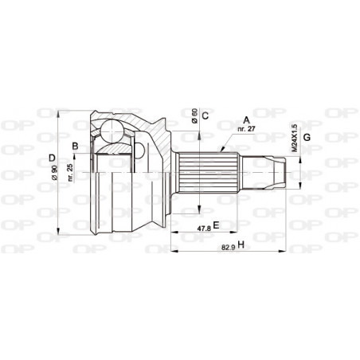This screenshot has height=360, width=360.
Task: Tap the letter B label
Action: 74,145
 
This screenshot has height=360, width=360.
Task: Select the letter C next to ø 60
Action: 205,116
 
